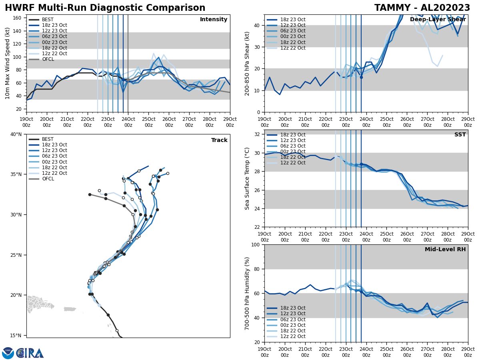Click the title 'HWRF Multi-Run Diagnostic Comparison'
point(105,8)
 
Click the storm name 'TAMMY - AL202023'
point(422,8)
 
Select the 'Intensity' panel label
point(214,20)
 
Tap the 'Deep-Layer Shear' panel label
point(438,20)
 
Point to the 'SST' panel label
point(460,135)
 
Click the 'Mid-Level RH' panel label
point(445,250)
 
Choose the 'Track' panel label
point(219,140)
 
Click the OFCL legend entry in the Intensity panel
point(48,59)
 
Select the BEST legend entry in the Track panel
point(48,139)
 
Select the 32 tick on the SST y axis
point(258,134)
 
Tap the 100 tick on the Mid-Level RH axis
point(256,244)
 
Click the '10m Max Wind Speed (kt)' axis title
point(8,63)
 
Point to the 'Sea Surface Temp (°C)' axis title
point(247,178)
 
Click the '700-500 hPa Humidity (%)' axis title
point(247,294)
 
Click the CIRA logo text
point(30,353)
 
